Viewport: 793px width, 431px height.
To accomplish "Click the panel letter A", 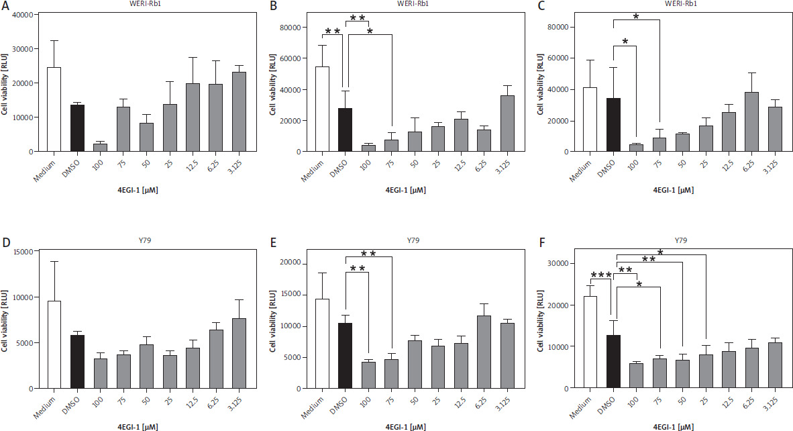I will (x=6, y=6).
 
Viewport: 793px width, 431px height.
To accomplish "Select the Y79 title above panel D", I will (x=145, y=240).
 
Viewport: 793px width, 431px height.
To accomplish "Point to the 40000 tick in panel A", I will (x=23, y=15).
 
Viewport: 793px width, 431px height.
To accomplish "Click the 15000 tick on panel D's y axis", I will (x=25, y=252).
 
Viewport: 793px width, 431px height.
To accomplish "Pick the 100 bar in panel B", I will (x=368, y=148).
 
